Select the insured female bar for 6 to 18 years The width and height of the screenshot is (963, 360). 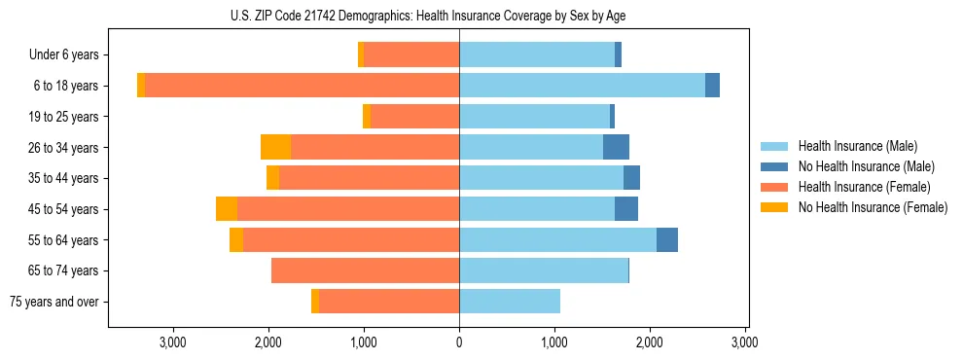tap(302, 86)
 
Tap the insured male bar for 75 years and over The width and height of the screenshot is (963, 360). tap(509, 302)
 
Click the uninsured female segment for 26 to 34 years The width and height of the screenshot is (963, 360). tap(275, 147)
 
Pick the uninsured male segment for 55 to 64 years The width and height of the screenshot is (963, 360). tap(666, 239)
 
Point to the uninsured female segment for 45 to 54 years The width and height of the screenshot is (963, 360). tap(227, 209)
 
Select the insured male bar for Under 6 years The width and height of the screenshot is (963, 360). tap(536, 54)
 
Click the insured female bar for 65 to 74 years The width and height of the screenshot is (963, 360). tap(365, 270)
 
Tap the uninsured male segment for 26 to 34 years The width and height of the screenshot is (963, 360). tap(616, 147)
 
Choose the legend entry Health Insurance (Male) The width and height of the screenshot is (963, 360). tap(857, 146)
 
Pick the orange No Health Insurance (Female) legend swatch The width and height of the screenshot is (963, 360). tap(775, 207)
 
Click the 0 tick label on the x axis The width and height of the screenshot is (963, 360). tap(459, 342)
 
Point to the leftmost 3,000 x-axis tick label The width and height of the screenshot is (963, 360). tap(172, 342)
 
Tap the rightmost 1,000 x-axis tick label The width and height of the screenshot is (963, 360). tap(554, 342)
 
